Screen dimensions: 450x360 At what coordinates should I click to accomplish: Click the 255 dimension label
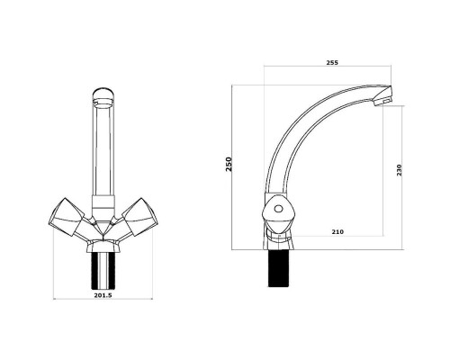(x=332, y=63)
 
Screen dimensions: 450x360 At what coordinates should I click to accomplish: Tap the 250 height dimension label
(x=229, y=164)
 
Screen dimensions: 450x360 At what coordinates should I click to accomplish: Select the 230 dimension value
(x=399, y=170)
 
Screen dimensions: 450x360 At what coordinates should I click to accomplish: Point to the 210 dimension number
(x=337, y=232)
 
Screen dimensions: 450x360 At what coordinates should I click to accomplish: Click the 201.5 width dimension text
(x=103, y=295)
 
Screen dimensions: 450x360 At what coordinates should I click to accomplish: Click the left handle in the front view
(x=67, y=217)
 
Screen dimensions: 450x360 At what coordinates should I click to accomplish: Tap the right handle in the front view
(x=140, y=217)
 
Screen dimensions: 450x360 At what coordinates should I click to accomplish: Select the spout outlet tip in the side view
(x=383, y=95)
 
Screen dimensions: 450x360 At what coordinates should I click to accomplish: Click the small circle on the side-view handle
(x=279, y=208)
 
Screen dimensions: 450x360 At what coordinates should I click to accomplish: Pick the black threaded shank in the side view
(x=279, y=268)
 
